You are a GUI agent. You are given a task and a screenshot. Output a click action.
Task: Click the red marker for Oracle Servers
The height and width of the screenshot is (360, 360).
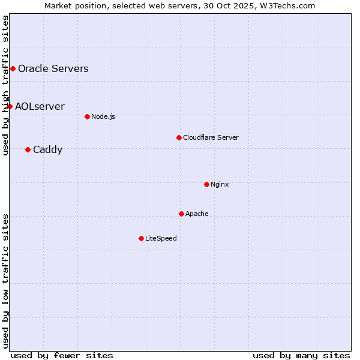tap(13, 68)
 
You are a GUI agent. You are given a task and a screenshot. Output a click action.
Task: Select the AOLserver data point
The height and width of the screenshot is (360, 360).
tap(10, 106)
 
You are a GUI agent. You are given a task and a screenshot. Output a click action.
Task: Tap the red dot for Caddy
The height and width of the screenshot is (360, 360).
tap(28, 149)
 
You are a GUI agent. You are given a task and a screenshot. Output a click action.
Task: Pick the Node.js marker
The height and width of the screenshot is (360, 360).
tap(87, 116)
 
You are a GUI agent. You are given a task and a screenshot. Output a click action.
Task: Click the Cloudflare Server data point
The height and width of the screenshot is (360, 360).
tap(179, 137)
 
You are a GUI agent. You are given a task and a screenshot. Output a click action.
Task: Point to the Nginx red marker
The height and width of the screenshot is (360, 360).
tap(206, 184)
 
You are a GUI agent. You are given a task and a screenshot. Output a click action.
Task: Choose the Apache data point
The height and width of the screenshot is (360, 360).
tap(181, 214)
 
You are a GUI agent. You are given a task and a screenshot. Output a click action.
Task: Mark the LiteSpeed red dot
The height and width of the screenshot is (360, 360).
tap(141, 238)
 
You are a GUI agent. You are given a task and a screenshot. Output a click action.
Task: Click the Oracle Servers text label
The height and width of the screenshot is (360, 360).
tap(53, 68)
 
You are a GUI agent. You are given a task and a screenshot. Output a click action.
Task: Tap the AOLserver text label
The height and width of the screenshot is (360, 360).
tap(40, 106)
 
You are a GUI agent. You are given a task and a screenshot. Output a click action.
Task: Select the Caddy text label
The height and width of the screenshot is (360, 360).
tap(47, 149)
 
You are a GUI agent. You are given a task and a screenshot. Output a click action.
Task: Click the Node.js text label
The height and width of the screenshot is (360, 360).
tap(103, 116)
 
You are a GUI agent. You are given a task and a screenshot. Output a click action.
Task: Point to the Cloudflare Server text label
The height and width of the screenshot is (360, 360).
tap(211, 137)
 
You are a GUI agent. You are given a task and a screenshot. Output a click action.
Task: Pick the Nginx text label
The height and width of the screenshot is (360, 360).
tap(220, 184)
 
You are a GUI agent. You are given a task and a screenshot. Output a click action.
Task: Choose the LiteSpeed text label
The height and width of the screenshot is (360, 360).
tap(161, 238)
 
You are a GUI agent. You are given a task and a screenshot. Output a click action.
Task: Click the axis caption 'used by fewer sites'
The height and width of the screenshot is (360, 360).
tap(62, 355)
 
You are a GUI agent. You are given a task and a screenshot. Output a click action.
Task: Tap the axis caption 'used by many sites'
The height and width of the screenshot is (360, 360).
tap(301, 355)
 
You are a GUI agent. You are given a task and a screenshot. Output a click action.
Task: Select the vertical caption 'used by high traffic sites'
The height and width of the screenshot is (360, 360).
tap(5, 85)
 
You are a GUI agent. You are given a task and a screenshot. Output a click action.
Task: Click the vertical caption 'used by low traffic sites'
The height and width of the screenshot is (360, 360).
tap(5, 280)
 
